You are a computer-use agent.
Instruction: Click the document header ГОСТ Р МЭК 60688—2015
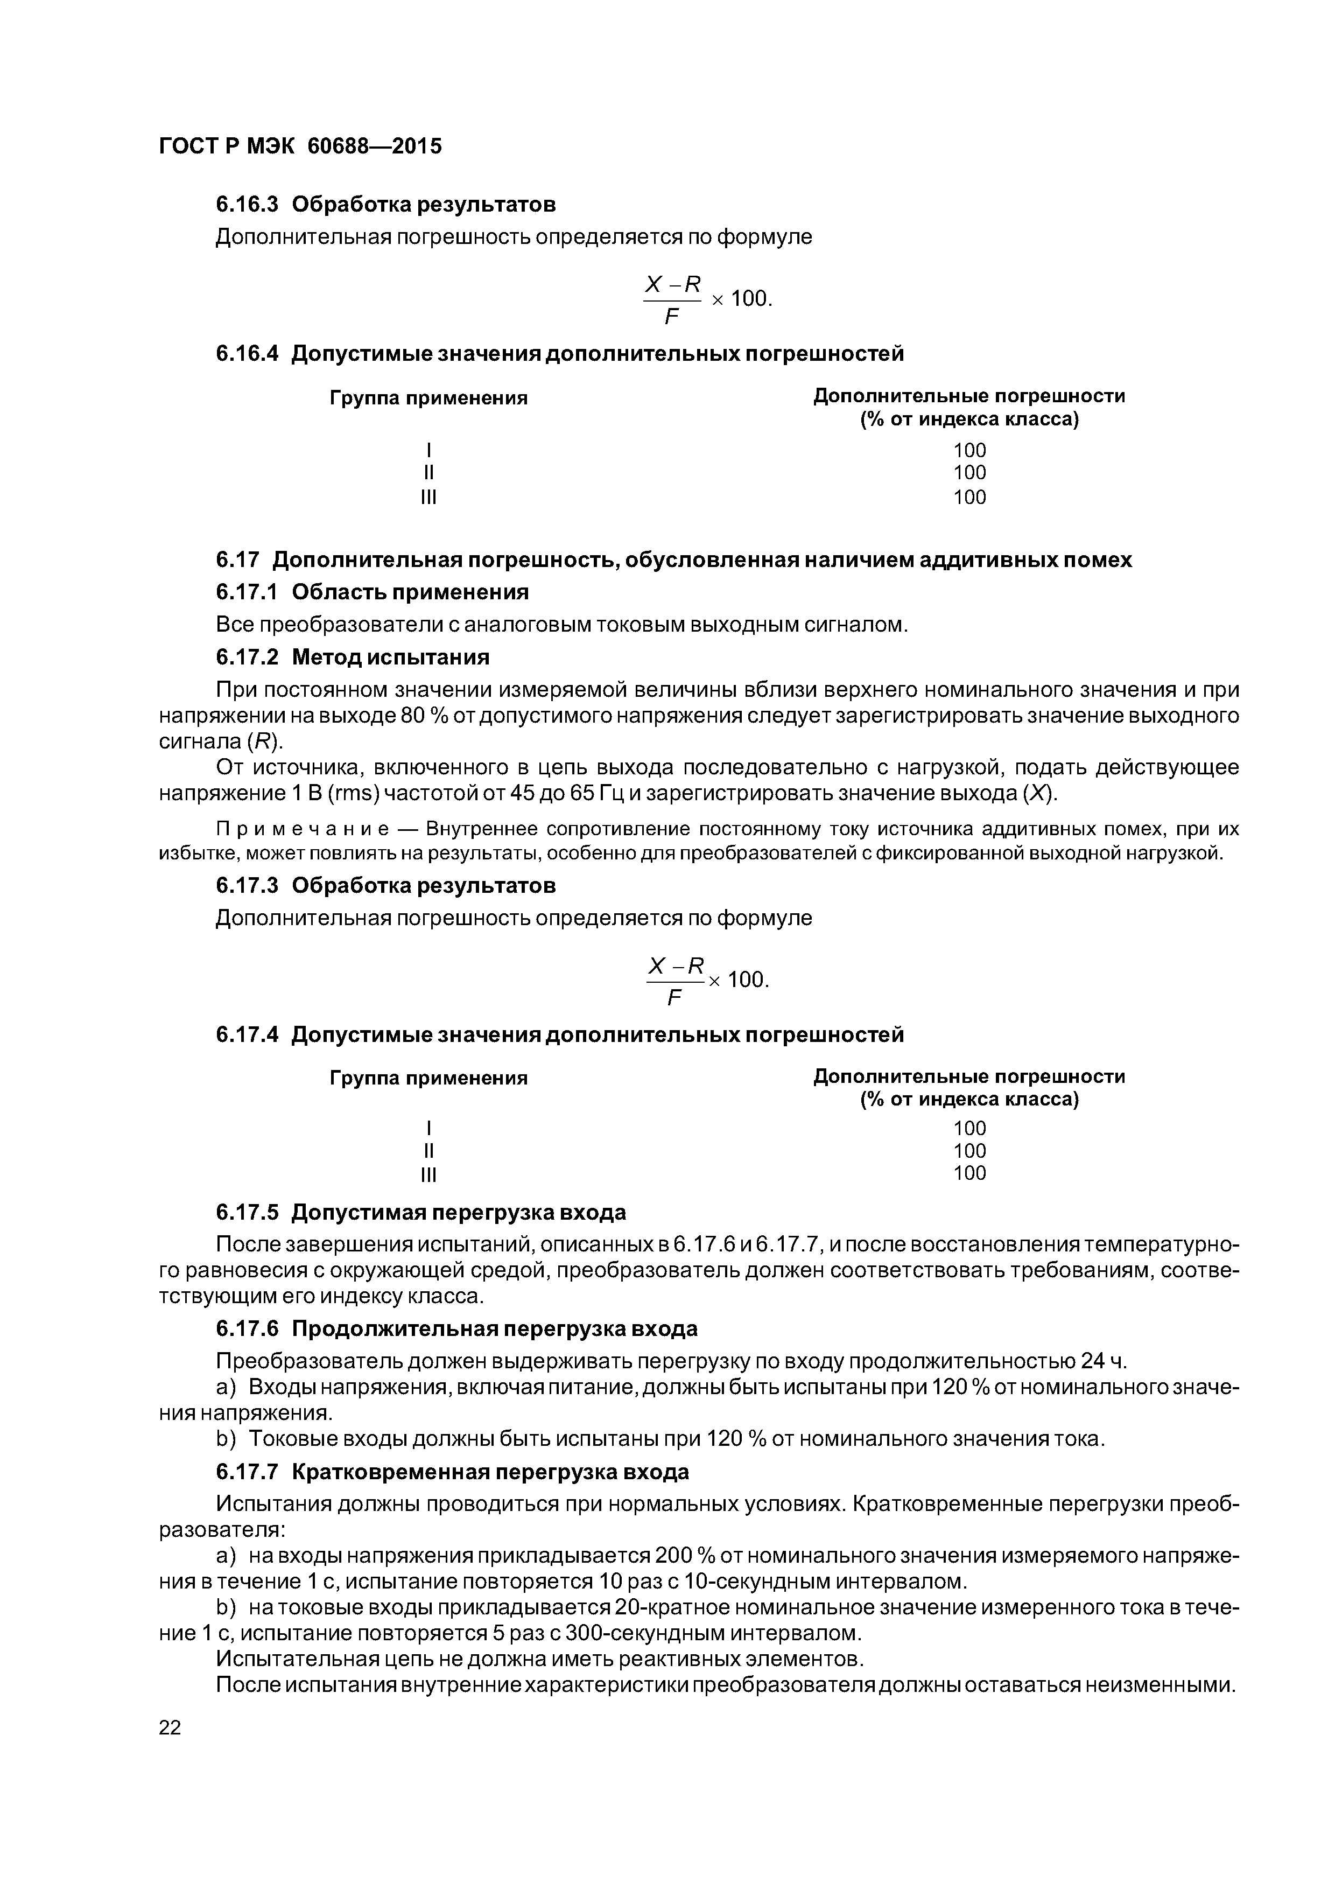click(300, 146)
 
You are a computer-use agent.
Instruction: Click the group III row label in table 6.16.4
click(428, 497)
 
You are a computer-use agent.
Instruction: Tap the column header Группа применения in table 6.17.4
click(428, 1078)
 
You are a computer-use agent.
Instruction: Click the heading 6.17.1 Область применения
click(372, 592)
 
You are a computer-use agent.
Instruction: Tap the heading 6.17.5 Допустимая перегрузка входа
click(420, 1212)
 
